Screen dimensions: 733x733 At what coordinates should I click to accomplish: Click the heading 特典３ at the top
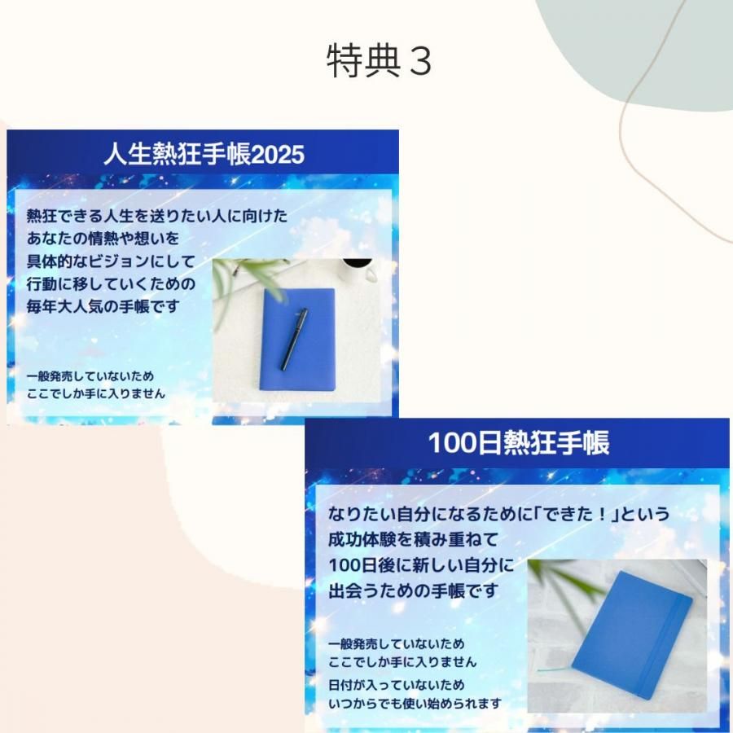pos(379,61)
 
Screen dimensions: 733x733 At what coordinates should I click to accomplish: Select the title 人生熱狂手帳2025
pos(204,154)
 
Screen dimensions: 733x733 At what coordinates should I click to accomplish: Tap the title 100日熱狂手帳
pos(519,442)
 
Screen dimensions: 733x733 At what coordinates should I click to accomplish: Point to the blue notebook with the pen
pos(298,340)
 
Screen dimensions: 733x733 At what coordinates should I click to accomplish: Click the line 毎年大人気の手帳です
pos(103,307)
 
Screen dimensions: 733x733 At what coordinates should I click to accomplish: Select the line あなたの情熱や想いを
pos(103,239)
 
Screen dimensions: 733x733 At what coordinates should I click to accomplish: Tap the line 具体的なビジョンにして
pos(111,261)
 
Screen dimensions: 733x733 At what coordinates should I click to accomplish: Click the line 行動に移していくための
pos(111,283)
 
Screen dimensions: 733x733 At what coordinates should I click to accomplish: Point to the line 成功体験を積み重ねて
pos(413,539)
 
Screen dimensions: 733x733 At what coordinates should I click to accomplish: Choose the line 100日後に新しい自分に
pos(421,565)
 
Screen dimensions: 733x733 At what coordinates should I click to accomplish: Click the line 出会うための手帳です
pos(413,591)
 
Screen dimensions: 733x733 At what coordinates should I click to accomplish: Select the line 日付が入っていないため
pos(397,685)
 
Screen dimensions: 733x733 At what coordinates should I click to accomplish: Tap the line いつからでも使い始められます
pos(415,704)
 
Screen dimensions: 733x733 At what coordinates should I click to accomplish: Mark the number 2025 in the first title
pos(278,154)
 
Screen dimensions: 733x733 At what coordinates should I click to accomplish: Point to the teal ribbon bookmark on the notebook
pos(555,670)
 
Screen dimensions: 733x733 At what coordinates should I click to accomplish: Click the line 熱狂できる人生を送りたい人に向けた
pos(157,216)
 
